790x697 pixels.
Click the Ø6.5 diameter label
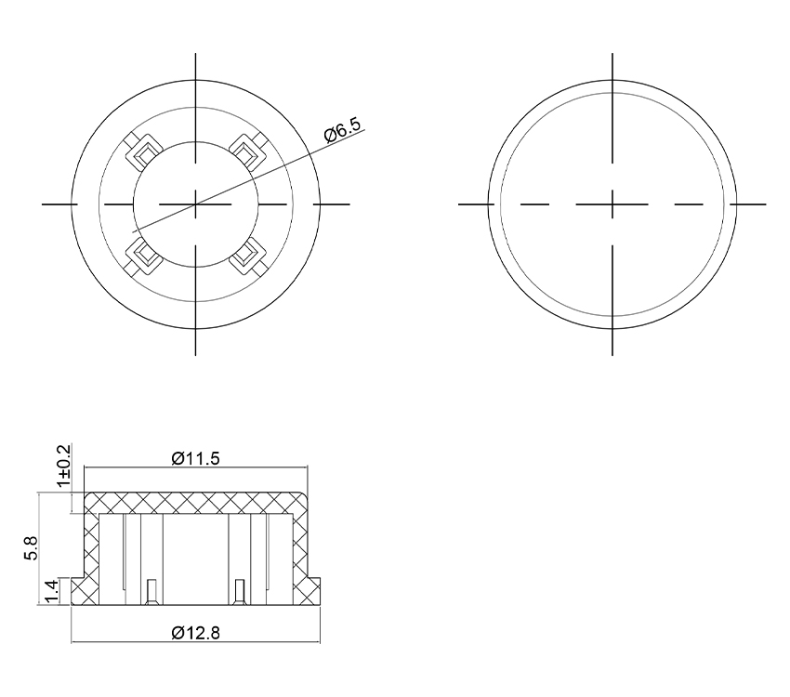[344, 130]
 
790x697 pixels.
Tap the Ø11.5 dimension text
[195, 459]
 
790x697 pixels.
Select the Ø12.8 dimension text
[195, 633]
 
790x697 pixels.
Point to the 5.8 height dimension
[31, 548]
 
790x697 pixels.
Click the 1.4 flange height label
[52, 591]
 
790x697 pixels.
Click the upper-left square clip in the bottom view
[144, 151]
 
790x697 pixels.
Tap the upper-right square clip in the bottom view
[247, 151]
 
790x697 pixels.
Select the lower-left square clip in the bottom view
[144, 256]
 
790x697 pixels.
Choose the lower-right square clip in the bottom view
[247, 256]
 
